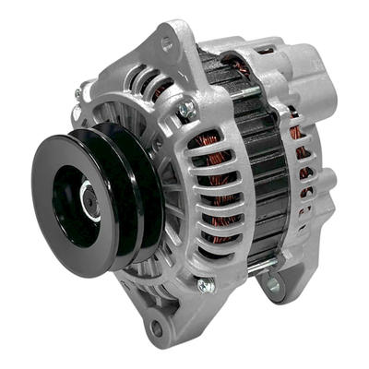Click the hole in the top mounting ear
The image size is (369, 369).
(x=167, y=42)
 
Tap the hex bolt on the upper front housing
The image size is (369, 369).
(x=187, y=109)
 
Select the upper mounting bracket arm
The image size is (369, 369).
(x=175, y=55)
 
